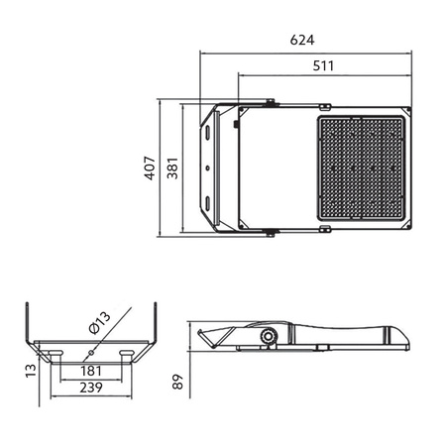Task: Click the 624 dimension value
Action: [302, 41]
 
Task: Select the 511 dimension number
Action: [323, 65]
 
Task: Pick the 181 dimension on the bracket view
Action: [91, 372]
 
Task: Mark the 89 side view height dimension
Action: [177, 382]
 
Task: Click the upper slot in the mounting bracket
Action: [208, 132]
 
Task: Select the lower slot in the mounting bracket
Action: [208, 205]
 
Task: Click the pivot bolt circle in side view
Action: [268, 338]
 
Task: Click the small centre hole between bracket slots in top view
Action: [207, 168]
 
